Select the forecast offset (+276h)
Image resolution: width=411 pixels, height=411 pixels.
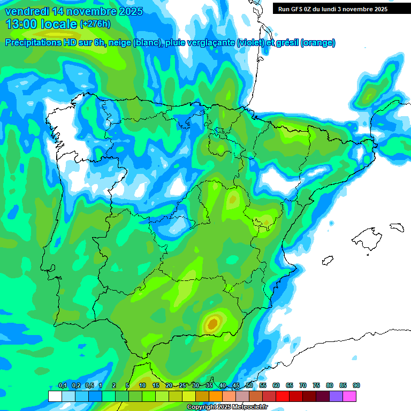(x=95, y=24)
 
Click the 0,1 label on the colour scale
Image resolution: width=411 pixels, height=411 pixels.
(x=62, y=386)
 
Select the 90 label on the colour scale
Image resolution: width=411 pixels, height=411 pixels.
(x=356, y=386)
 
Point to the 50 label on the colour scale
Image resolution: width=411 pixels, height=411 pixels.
(x=249, y=386)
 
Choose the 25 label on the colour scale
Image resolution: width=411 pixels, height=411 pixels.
(x=182, y=386)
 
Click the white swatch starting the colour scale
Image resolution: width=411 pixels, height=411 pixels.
(x=55, y=396)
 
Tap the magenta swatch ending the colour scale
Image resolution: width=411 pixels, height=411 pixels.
(x=349, y=396)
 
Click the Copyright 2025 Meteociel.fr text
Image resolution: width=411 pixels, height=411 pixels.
(x=227, y=407)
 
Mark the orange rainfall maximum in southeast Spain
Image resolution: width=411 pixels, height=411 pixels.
(x=212, y=323)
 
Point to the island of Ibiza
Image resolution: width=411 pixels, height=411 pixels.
(x=328, y=260)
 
